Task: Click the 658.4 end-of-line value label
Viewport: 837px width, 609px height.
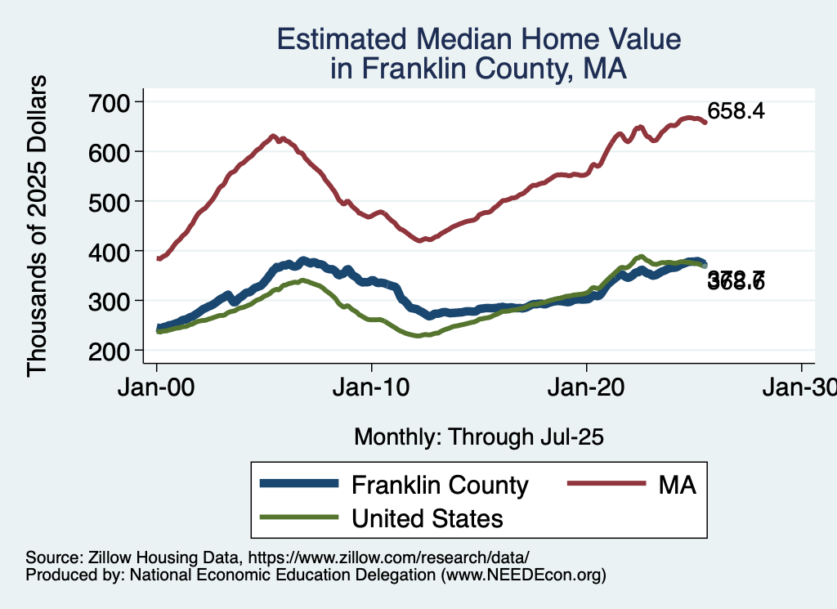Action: coord(736,111)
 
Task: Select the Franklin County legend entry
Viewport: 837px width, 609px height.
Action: coord(440,485)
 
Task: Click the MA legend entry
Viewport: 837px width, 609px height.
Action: coord(678,485)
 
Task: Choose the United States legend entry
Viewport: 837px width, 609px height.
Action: coord(427,517)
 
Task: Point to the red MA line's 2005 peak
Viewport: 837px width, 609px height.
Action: coord(274,136)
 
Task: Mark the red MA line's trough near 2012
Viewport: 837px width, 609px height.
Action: coord(420,240)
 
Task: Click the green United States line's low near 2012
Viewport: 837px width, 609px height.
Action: coord(418,335)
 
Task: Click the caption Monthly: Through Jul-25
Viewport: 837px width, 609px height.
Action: coord(478,437)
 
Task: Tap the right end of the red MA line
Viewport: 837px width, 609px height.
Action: coord(705,122)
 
